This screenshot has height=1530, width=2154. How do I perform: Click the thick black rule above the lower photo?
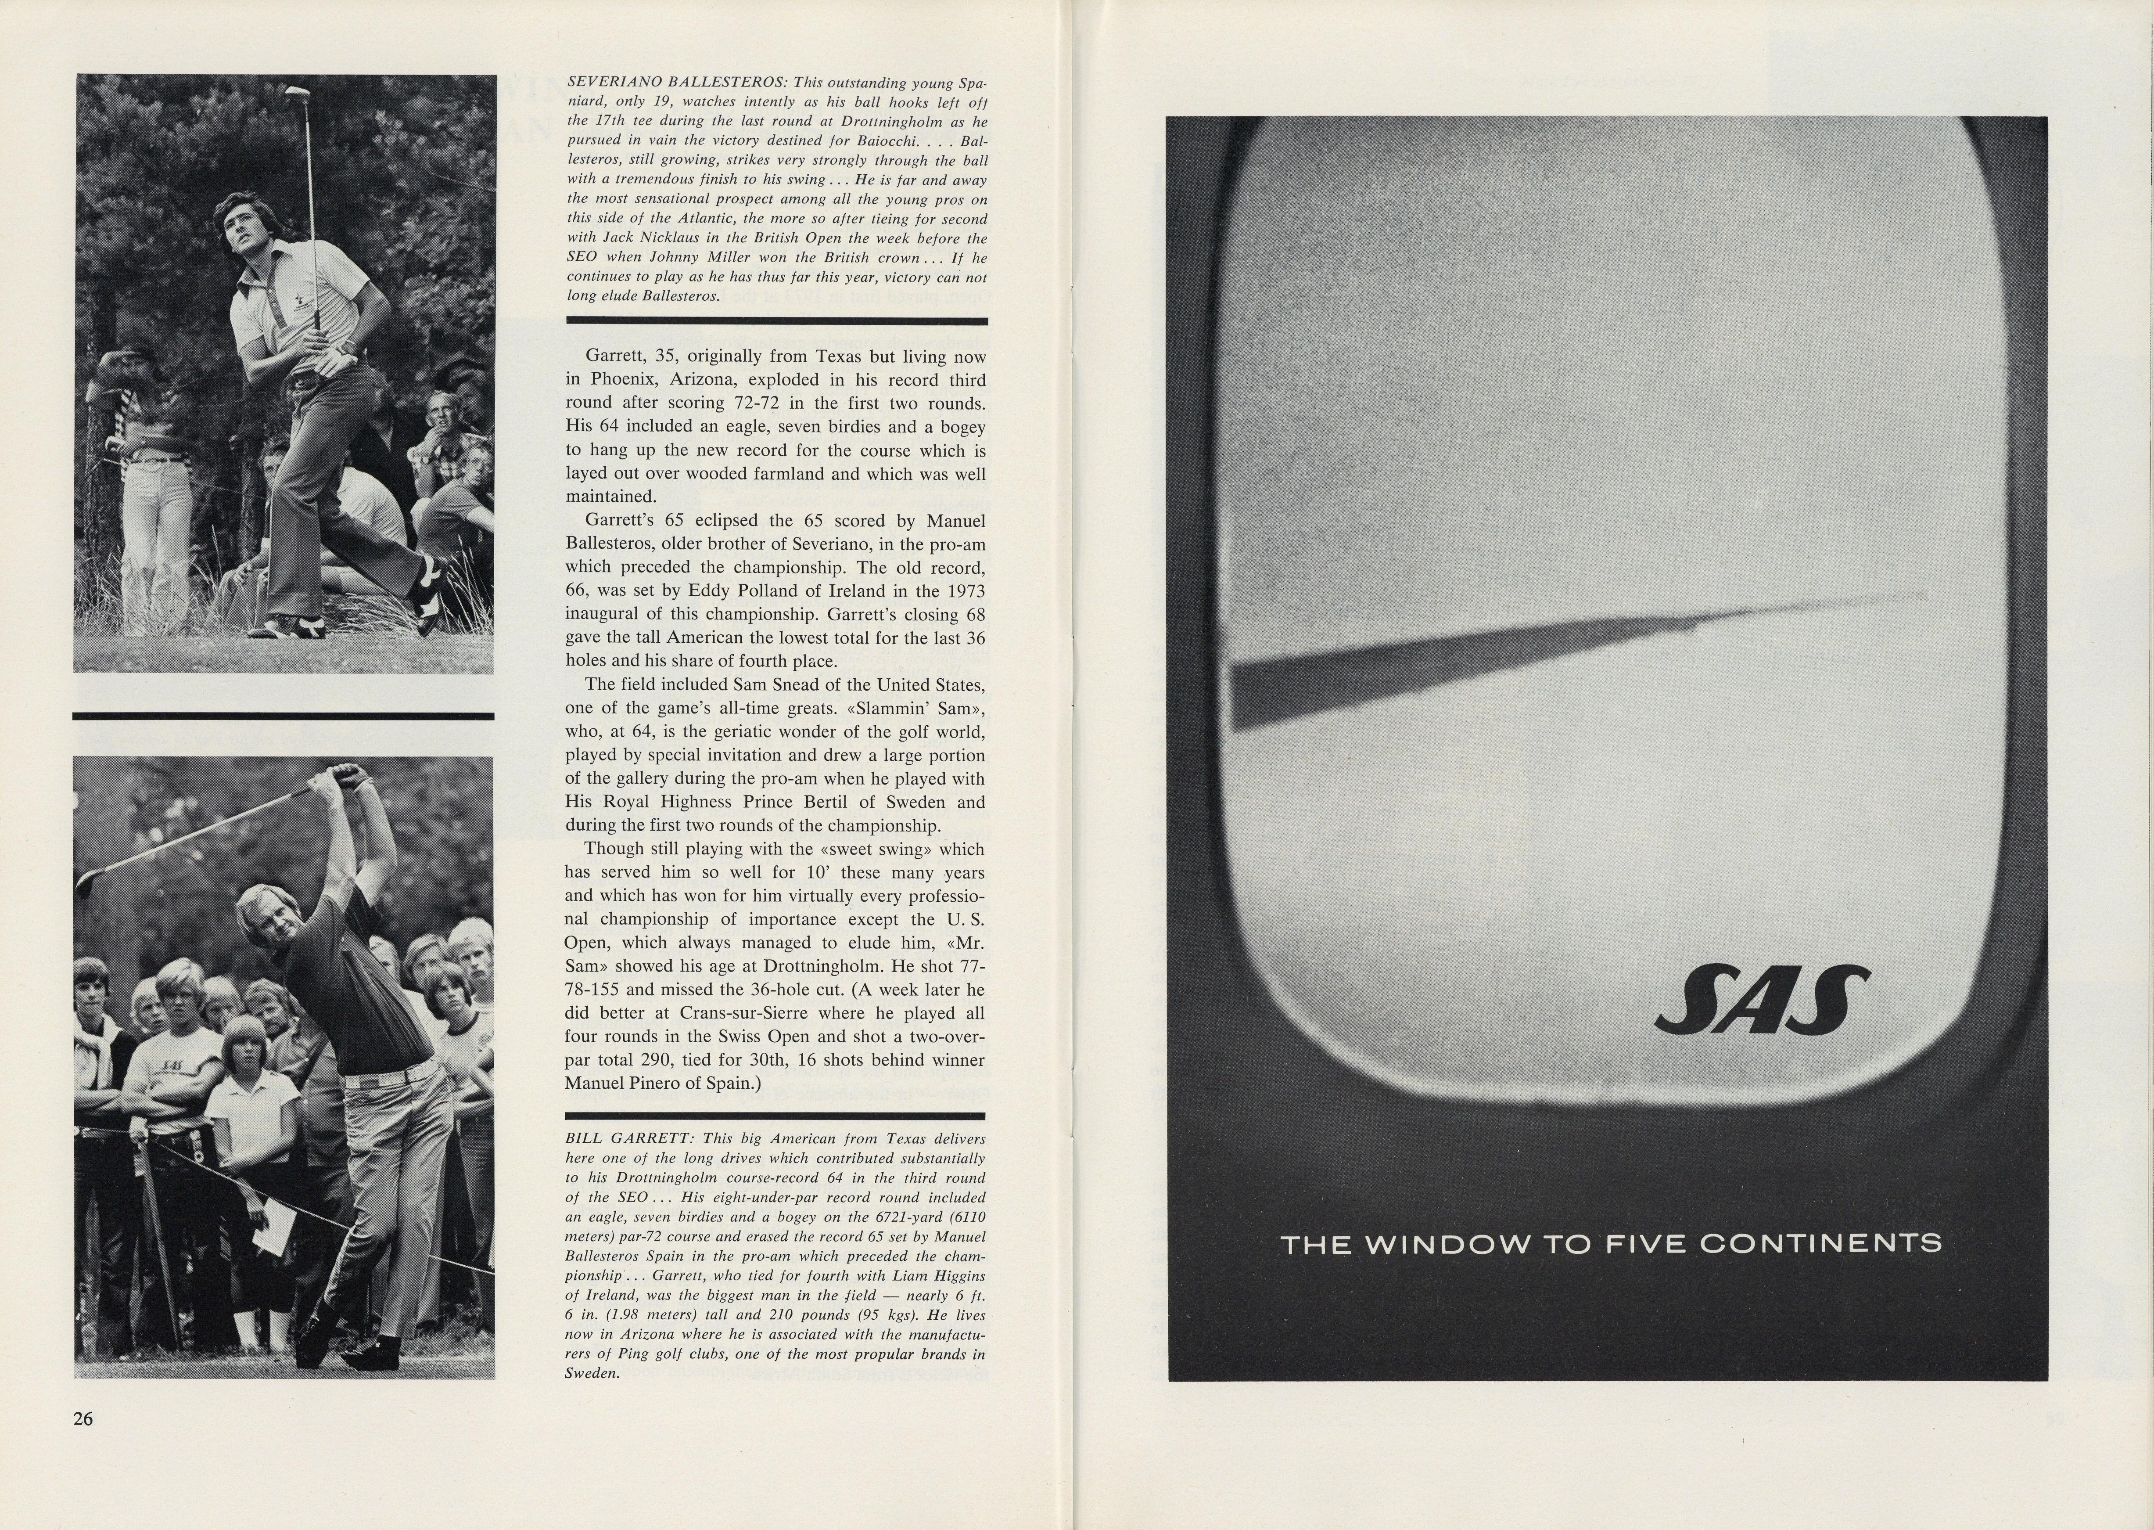[283, 716]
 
